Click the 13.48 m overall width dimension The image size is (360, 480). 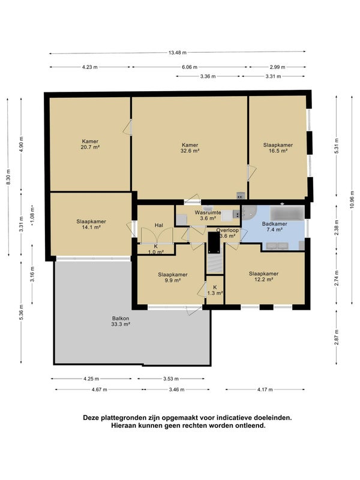click(177, 52)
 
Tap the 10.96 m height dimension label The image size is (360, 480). click(352, 200)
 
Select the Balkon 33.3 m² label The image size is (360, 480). click(121, 321)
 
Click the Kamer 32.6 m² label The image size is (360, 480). click(190, 148)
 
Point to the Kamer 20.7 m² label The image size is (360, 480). click(90, 144)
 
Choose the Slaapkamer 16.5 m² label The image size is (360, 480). click(278, 148)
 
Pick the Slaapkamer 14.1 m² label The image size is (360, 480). click(91, 224)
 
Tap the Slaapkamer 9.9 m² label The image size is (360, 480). click(173, 277)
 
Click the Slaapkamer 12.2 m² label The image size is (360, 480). click(263, 277)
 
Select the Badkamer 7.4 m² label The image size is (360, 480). click(275, 227)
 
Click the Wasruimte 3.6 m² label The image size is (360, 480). click(208, 215)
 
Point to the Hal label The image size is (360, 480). click(158, 226)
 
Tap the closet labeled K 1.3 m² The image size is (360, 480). click(215, 290)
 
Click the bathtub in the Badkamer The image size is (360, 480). click(287, 213)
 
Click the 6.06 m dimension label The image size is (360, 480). click(190, 67)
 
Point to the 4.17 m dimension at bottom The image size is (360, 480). click(265, 389)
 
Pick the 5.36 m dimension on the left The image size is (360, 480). click(21, 312)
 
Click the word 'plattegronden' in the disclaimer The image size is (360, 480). click(121, 418)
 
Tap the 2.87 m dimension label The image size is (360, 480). click(337, 337)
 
